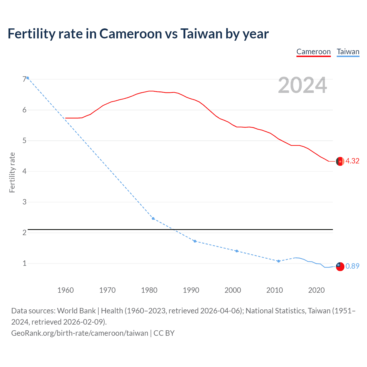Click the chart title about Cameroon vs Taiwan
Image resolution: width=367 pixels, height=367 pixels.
click(x=138, y=34)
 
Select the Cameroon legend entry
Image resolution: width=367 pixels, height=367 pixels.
click(x=313, y=52)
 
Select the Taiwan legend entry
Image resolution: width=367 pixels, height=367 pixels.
click(x=348, y=52)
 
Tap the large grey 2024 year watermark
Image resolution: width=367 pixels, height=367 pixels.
click(x=302, y=85)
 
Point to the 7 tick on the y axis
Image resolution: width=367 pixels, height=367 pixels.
click(x=24, y=79)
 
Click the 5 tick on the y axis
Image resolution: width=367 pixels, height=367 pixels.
click(x=24, y=140)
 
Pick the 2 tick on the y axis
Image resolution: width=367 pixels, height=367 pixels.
click(x=24, y=233)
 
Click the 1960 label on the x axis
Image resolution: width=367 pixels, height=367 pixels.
click(x=65, y=290)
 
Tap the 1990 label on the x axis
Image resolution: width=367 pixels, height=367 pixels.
click(x=191, y=290)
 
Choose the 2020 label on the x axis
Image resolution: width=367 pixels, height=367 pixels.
click(x=316, y=290)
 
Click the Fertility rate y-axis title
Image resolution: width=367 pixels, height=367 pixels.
click(x=12, y=172)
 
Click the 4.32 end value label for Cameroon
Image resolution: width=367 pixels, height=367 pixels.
click(x=352, y=161)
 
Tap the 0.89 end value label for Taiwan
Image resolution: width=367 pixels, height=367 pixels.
click(x=352, y=266)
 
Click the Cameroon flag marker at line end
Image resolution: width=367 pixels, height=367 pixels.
click(x=340, y=161)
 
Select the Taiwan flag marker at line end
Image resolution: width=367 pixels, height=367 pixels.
click(x=340, y=266)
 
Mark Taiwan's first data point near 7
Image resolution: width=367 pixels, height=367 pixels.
click(x=28, y=78)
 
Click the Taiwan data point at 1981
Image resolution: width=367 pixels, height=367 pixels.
click(x=153, y=218)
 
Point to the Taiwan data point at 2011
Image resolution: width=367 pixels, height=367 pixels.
click(x=278, y=261)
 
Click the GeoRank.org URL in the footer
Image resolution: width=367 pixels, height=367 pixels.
click(x=80, y=333)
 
